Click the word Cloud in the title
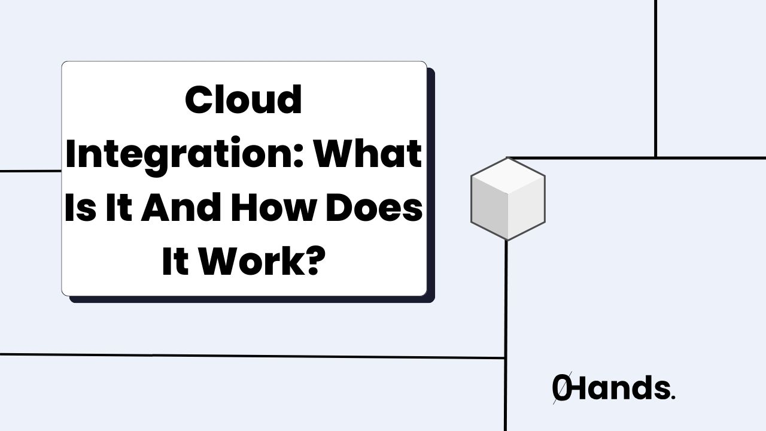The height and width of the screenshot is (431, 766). click(244, 100)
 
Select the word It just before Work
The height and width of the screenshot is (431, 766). click(174, 264)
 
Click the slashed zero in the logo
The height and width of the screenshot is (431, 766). click(561, 389)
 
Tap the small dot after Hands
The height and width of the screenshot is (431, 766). click(673, 397)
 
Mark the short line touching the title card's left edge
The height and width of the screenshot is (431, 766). click(30, 171)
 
